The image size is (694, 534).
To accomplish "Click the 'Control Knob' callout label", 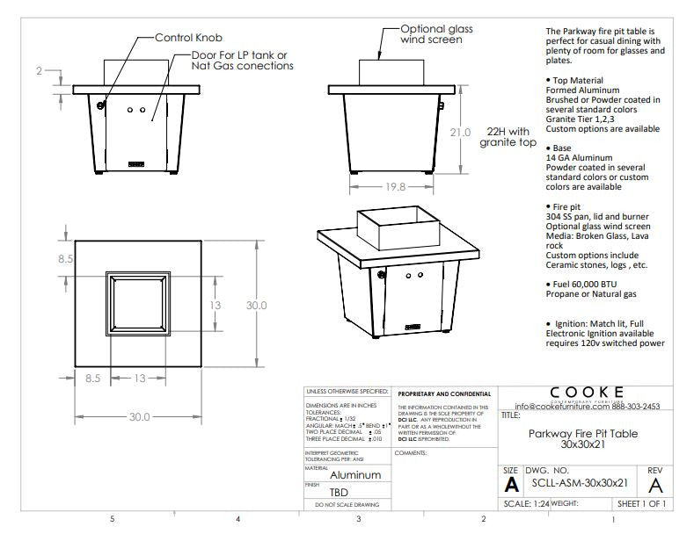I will tap(189, 38).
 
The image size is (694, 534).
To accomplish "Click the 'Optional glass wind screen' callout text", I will tap(436, 34).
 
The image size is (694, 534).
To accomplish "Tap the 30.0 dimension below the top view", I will tap(139, 417).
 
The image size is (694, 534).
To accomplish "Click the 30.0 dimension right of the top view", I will tap(257, 305).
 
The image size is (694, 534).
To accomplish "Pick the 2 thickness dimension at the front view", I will tap(40, 71).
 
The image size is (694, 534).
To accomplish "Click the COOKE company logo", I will tap(588, 392).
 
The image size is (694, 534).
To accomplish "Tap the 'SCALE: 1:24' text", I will tap(526, 504).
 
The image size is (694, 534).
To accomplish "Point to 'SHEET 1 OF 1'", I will tap(641, 504).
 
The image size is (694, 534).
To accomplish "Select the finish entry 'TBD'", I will tap(340, 493).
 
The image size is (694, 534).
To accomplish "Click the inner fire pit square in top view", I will tap(139, 304).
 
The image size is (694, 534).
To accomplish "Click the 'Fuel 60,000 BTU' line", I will tap(588, 285).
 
